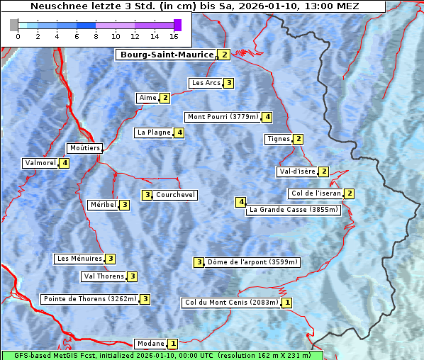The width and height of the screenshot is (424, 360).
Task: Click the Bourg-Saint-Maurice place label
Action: coord(166,55)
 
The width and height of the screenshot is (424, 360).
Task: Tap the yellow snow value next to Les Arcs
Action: coord(229,83)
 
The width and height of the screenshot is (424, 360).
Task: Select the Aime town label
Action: coord(147,98)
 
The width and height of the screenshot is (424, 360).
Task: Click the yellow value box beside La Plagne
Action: coord(180,133)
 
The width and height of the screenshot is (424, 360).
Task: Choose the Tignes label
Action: coord(278,139)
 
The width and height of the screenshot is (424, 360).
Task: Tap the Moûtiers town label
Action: coord(84,148)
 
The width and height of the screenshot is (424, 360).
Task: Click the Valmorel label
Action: coord(40,163)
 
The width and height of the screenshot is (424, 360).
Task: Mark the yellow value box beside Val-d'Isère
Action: coord(323,171)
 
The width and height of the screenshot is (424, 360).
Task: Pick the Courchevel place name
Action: coord(176,195)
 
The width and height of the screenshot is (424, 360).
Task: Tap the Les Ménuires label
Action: coord(79,259)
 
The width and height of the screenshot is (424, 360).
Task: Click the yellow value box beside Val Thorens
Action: coord(132,276)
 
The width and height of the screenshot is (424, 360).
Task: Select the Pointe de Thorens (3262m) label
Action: coord(89,299)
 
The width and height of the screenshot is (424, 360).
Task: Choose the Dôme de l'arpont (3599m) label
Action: coord(252,262)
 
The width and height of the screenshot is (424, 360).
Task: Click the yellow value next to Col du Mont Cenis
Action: coord(286,303)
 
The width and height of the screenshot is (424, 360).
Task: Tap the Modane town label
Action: coord(150,344)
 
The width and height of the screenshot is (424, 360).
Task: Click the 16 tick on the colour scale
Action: coord(174,35)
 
